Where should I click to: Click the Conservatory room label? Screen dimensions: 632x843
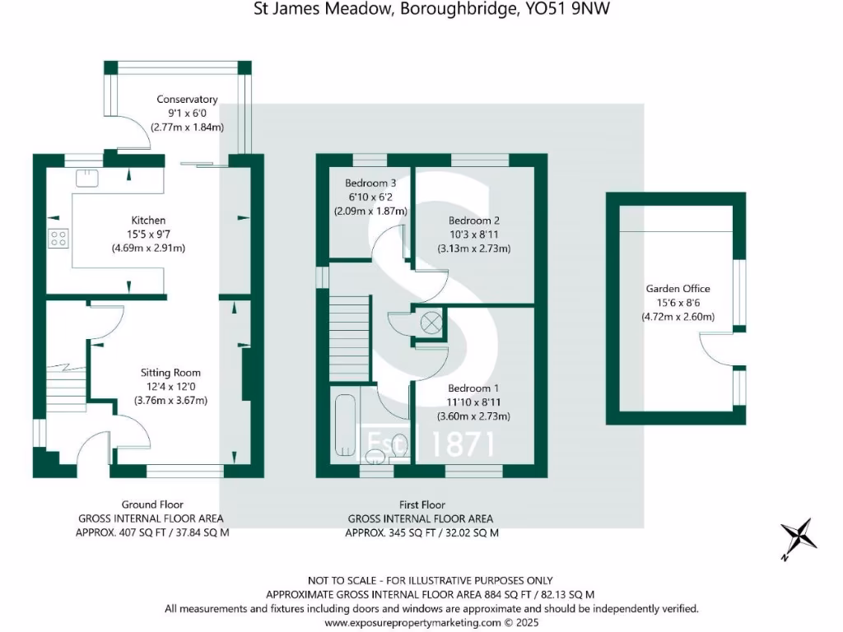click(x=188, y=100)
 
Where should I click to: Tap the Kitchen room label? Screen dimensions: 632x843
click(x=149, y=221)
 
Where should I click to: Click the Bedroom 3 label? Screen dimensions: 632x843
click(x=366, y=183)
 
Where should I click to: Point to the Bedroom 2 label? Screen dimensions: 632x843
click(x=474, y=221)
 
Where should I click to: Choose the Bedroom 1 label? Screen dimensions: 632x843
click(x=473, y=388)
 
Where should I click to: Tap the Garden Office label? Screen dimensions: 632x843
click(x=678, y=289)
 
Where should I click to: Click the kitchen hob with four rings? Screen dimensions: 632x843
click(x=58, y=239)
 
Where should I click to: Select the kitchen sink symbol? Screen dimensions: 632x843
click(x=86, y=177)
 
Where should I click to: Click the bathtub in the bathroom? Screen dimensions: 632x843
click(x=347, y=428)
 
